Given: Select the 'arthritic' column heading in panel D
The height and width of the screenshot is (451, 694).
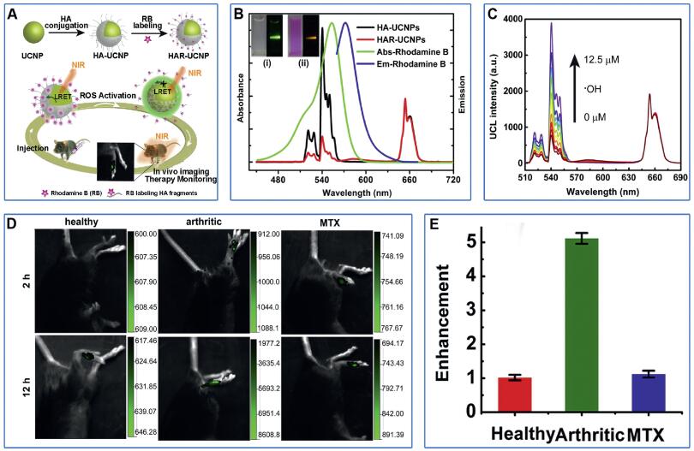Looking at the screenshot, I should [205, 220].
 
